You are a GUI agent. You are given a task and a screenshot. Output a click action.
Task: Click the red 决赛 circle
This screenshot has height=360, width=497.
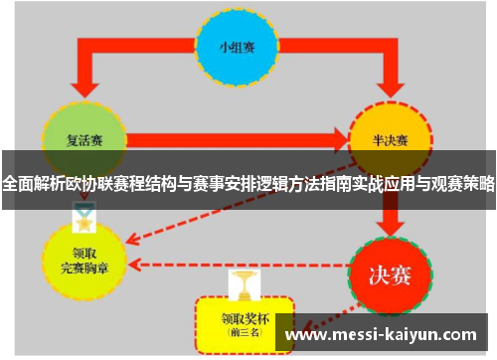[x=391, y=268]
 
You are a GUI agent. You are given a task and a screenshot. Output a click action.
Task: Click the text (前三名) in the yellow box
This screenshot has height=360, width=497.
[x=244, y=336]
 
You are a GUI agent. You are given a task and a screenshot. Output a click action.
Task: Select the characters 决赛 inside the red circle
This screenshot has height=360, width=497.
[x=391, y=270]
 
